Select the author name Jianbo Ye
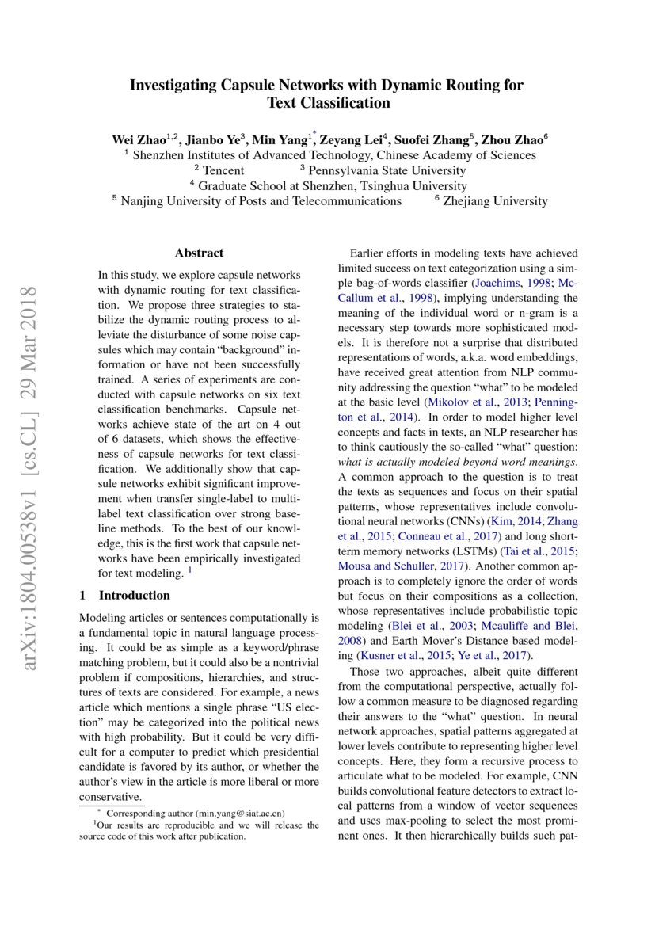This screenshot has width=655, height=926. [212, 139]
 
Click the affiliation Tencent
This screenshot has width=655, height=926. [223, 170]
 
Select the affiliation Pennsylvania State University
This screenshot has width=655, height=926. [387, 170]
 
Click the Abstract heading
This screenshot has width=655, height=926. [199, 253]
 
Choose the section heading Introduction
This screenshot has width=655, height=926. [134, 595]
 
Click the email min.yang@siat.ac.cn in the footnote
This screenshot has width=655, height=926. [240, 813]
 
